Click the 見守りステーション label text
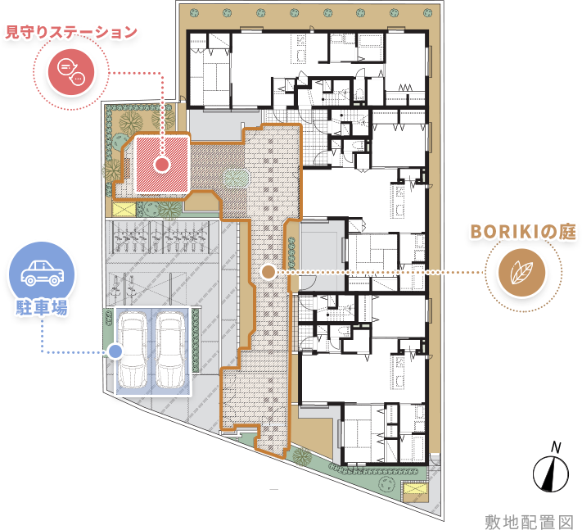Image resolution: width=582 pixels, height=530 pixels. coord(71,32)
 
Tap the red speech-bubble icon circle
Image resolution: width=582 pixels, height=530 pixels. coord(71,72)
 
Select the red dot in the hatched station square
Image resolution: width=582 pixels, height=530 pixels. coord(162,164)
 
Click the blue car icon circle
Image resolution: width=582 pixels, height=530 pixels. coord(42,274)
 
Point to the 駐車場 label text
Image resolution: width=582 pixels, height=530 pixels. coord(42,307)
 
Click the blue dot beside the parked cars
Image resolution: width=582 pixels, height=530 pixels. coord(115,351)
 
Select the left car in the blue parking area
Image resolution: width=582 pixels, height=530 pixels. coord(132,351)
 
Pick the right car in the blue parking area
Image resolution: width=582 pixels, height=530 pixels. coord(170,351)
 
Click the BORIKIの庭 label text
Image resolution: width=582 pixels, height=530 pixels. coord(523,231)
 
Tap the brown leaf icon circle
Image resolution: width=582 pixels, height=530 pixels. coord(522,273)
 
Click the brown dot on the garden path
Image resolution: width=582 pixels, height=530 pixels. coord(268,272)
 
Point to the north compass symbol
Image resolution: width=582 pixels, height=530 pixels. coord(551,474)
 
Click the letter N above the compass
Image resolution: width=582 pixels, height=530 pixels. coord(556,447)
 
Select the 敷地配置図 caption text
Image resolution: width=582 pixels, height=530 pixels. coord(530,522)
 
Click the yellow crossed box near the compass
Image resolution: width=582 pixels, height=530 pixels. coord(415,488)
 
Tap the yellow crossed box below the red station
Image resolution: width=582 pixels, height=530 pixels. coord(124,209)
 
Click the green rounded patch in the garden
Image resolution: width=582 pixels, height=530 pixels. coord(236,179)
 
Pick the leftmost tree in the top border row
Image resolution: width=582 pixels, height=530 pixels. coord(194,13)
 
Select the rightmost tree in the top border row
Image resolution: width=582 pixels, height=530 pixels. coord(427,12)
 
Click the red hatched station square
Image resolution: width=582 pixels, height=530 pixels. coord(162,164)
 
